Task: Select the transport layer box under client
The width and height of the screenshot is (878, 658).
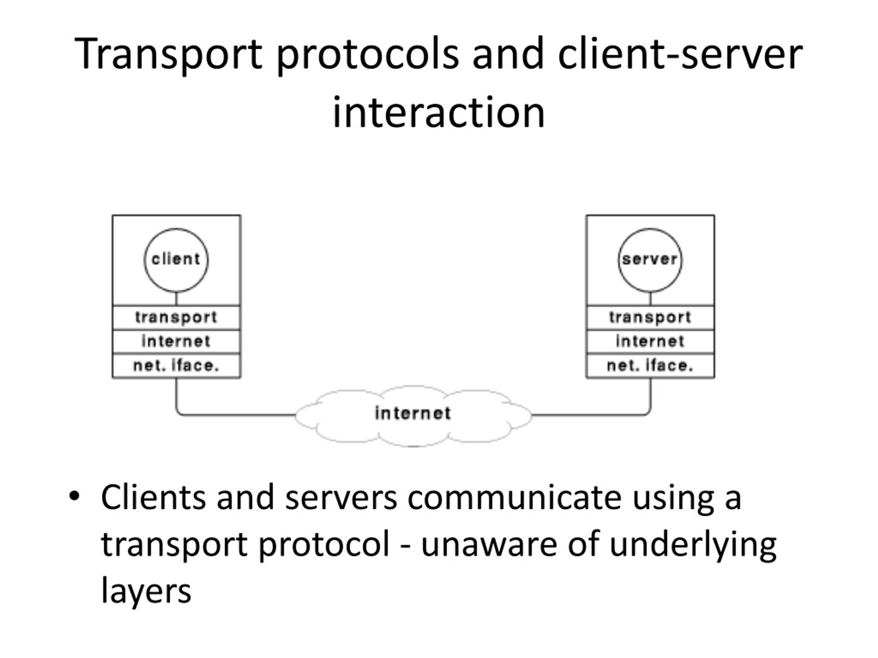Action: pyautogui.click(x=176, y=318)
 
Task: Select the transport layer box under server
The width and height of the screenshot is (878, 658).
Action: pyautogui.click(x=650, y=318)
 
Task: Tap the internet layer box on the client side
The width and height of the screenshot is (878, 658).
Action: pyautogui.click(x=176, y=341)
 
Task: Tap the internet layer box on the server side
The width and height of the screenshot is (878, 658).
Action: pyautogui.click(x=650, y=341)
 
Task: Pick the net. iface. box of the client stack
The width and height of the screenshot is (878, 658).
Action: pyautogui.click(x=176, y=366)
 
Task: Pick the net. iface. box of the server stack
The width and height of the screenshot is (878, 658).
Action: pyautogui.click(x=650, y=366)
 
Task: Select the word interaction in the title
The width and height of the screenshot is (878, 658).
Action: pyautogui.click(x=439, y=113)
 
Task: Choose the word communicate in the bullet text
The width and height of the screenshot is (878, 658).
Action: pyautogui.click(x=514, y=497)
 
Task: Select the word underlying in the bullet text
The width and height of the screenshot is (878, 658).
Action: pyautogui.click(x=693, y=546)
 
